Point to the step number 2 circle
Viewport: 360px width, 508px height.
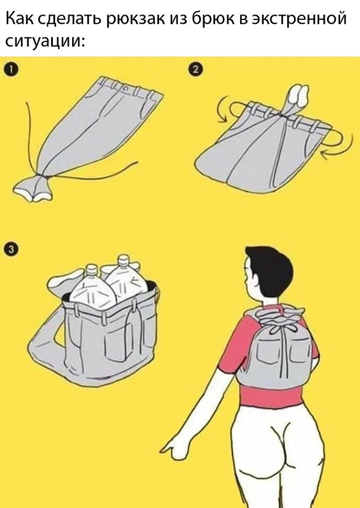click(195, 70)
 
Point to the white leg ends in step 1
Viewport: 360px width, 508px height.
click(32, 191)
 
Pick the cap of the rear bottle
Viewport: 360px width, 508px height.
click(123, 260)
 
